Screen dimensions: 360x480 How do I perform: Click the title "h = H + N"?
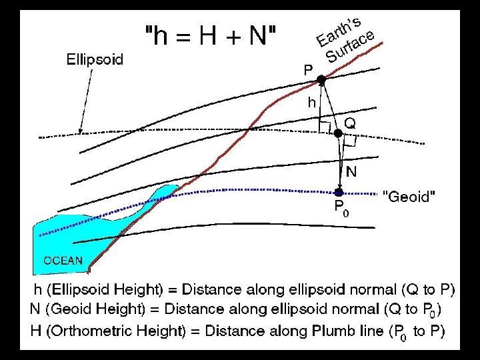(x=213, y=35)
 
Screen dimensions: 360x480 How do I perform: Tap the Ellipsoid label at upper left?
(x=95, y=59)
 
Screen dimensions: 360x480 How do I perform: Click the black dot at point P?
(x=321, y=80)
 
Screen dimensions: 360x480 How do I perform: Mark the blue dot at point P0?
(x=339, y=192)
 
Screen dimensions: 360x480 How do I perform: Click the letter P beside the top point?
(x=307, y=69)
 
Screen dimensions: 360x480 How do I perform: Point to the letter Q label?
(x=350, y=123)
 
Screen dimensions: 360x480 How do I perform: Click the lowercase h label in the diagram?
(x=311, y=103)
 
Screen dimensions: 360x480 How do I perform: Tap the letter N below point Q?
(x=351, y=171)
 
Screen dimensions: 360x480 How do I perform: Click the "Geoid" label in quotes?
(x=410, y=197)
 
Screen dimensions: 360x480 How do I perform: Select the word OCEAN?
(x=63, y=260)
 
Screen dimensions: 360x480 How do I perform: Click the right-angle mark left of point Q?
(x=325, y=126)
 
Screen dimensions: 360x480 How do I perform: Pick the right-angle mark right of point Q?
(x=350, y=141)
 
